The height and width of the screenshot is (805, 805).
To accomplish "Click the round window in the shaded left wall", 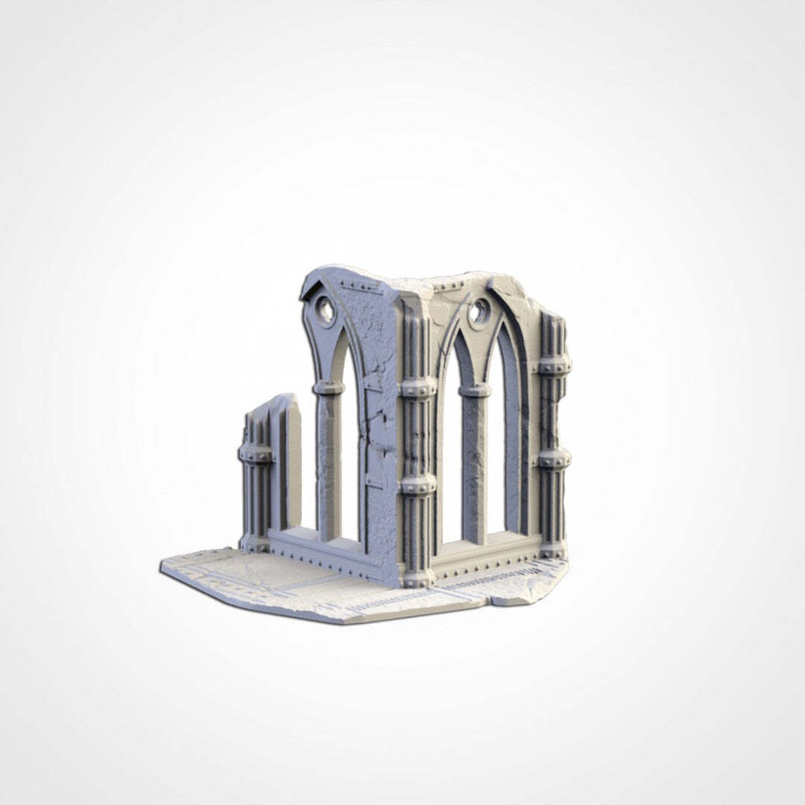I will pos(324,313).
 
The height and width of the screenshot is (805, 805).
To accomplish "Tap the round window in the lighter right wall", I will pos(479,312).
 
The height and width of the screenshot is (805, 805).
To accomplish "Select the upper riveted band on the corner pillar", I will pos(418,387).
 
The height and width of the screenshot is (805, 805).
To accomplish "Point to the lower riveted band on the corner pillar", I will pos(418,484).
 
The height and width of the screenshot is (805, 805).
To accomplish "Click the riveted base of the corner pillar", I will pos(417,577).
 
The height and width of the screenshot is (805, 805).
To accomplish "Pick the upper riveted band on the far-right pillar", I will pos(553,366).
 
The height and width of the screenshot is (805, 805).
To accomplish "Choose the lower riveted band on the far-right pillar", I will pos(553,458).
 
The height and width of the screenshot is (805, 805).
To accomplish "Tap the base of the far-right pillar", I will pos(553,549).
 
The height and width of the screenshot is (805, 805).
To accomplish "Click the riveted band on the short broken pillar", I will pos(257,454).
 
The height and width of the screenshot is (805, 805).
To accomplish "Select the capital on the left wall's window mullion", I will pos(328,387).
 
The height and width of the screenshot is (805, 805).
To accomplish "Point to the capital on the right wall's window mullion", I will pos(475,390).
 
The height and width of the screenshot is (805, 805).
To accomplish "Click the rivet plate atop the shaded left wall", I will pos(361,286).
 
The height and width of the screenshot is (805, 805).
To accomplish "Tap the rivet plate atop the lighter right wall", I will pos(451,286).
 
